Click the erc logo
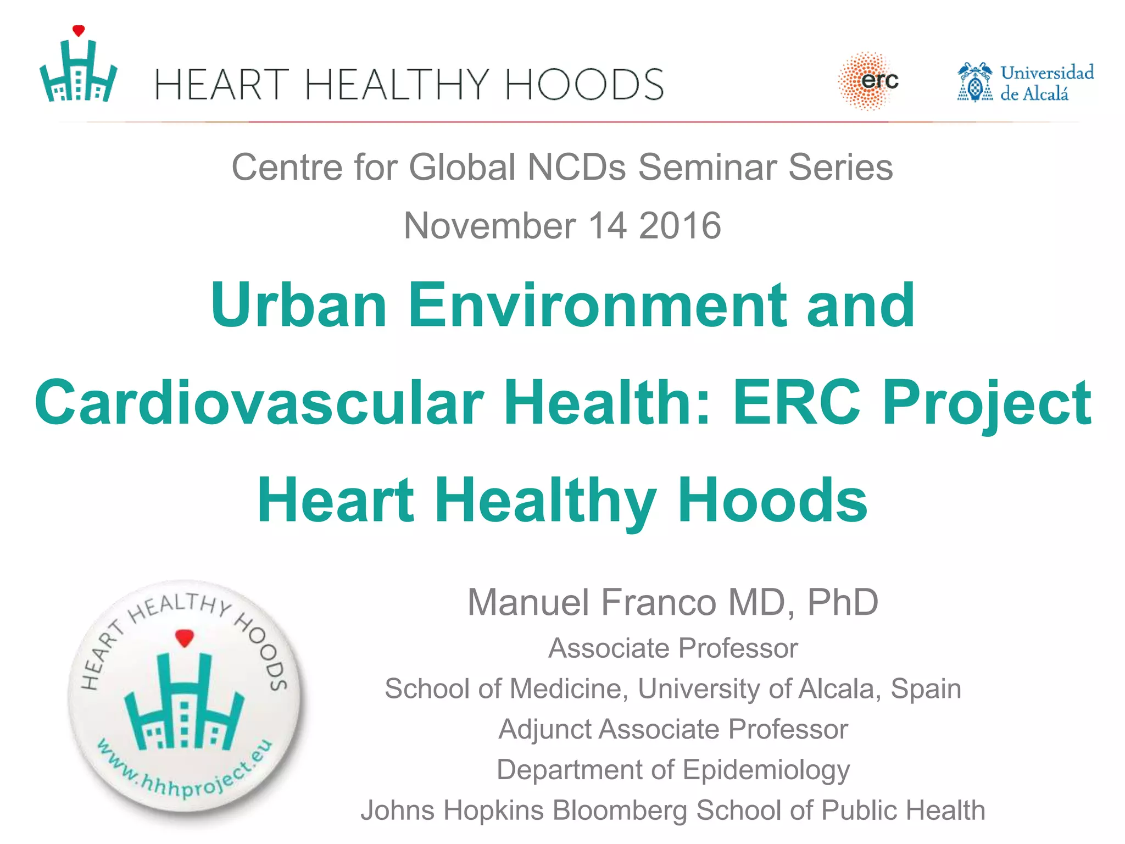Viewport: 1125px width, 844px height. [869, 81]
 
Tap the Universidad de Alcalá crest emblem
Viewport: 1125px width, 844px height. [974, 83]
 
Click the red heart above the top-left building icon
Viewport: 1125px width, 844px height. [79, 31]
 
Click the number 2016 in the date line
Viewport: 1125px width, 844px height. [680, 226]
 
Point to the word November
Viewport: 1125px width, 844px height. [489, 226]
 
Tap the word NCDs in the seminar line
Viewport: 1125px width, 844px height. [576, 167]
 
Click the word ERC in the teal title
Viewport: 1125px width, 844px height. [797, 403]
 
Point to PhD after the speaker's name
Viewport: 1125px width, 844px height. [843, 602]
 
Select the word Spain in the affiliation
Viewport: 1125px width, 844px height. [926, 688]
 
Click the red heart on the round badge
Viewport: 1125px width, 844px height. [185, 638]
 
